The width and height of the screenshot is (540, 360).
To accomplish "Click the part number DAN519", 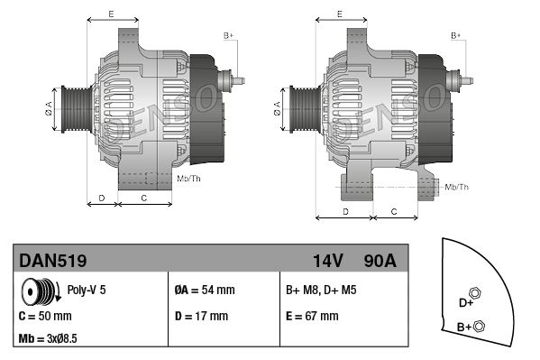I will click(53, 261).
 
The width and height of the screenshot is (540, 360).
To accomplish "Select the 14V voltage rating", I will click(328, 261).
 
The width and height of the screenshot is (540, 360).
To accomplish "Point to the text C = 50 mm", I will click(45, 316).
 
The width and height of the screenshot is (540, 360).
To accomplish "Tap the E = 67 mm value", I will click(312, 316).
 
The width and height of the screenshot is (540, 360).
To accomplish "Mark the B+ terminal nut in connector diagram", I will click(479, 326).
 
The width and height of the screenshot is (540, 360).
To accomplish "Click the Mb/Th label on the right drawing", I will click(457, 187).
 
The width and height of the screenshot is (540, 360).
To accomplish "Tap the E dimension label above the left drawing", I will click(111, 14).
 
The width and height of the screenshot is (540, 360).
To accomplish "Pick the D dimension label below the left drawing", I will click(102, 197).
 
